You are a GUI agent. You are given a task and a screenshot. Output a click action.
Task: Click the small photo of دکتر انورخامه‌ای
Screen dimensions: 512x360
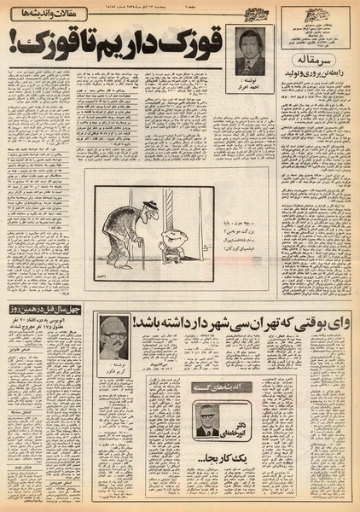tap(205, 425)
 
